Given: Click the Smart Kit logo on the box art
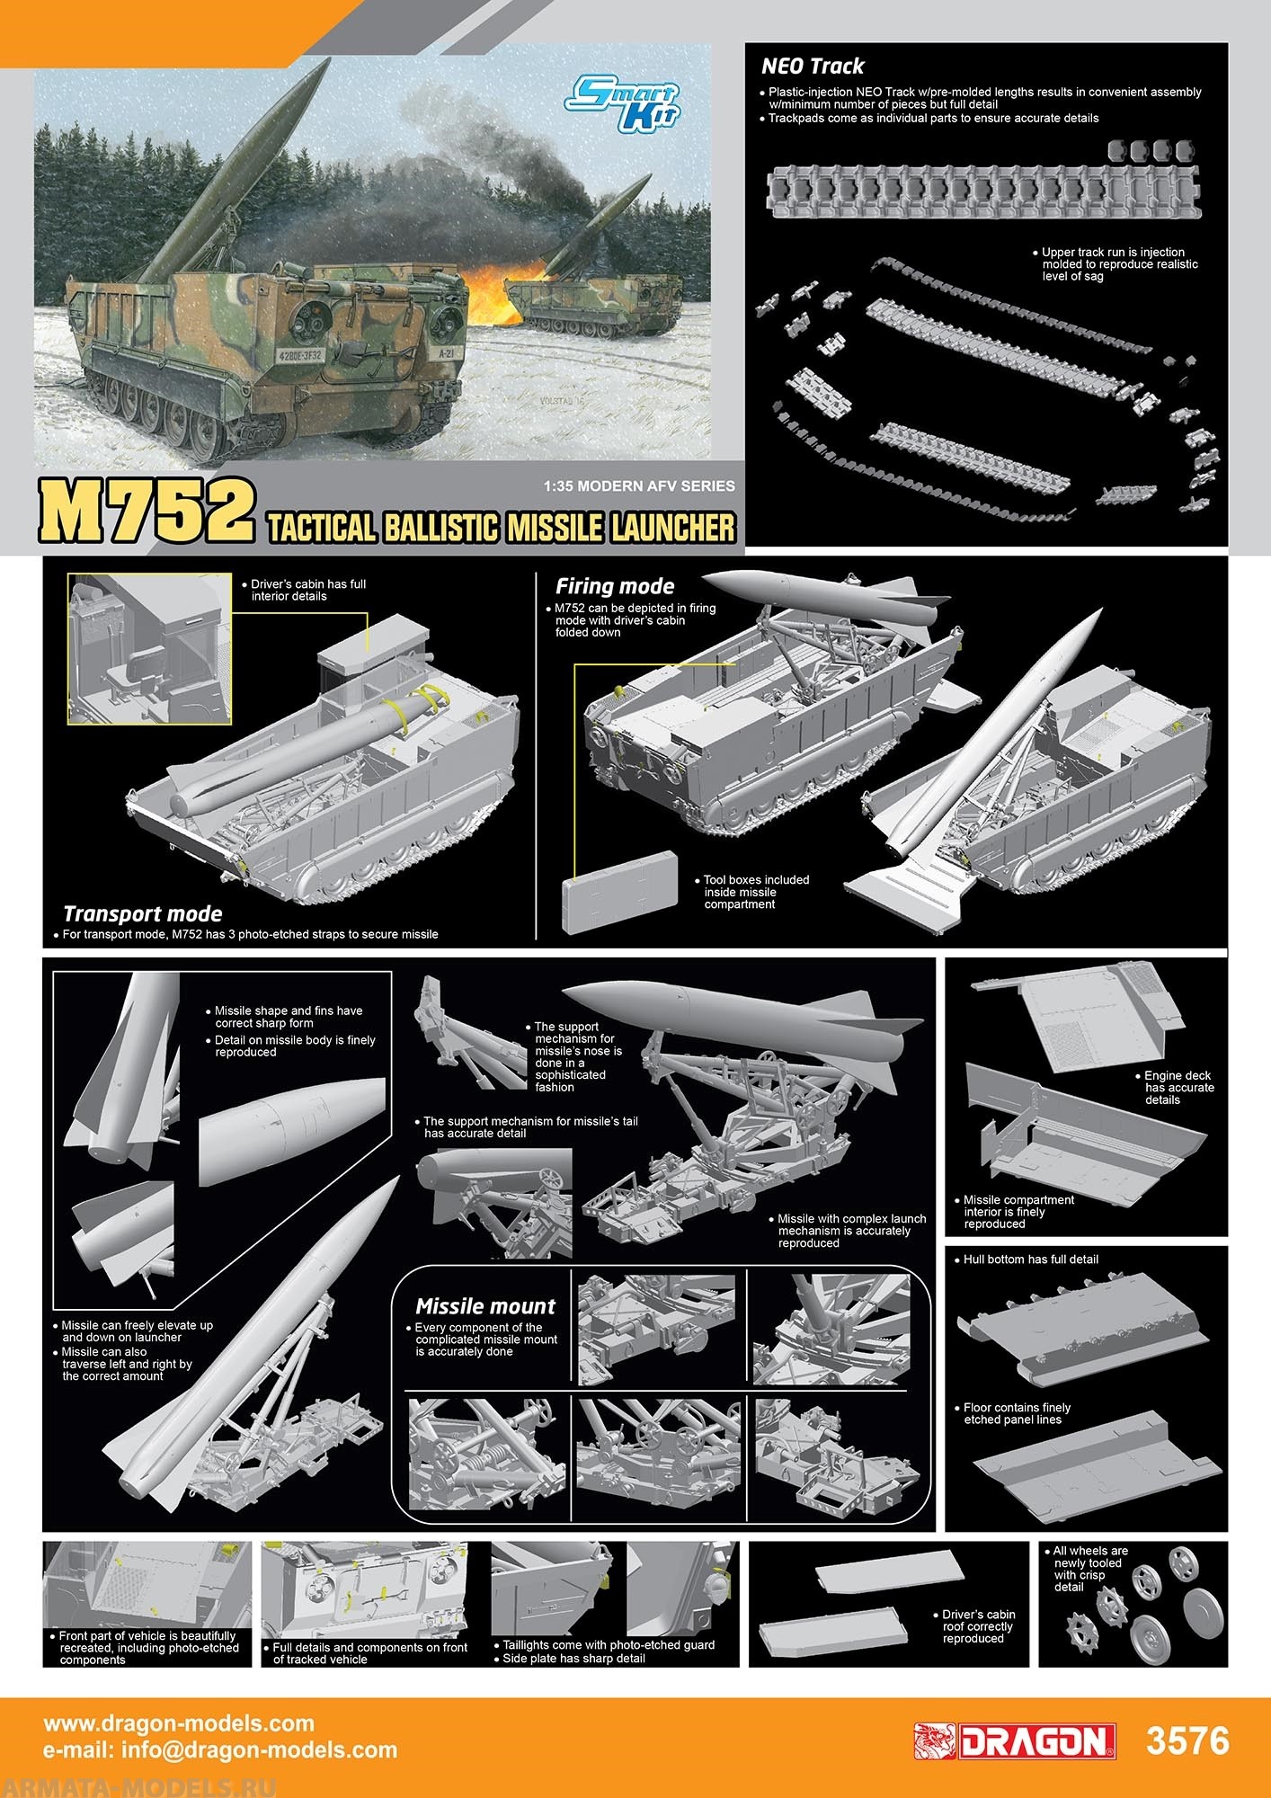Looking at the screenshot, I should tap(624, 106).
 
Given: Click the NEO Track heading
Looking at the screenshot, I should tap(812, 67).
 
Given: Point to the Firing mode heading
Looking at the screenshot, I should tap(615, 586).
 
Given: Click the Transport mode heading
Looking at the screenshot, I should tap(142, 913).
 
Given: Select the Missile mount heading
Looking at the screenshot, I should tap(485, 1306).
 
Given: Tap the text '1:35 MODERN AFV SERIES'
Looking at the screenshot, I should tap(639, 486).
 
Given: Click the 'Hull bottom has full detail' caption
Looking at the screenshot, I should tap(1030, 1259).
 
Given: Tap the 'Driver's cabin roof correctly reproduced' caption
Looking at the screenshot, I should tap(978, 1626).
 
